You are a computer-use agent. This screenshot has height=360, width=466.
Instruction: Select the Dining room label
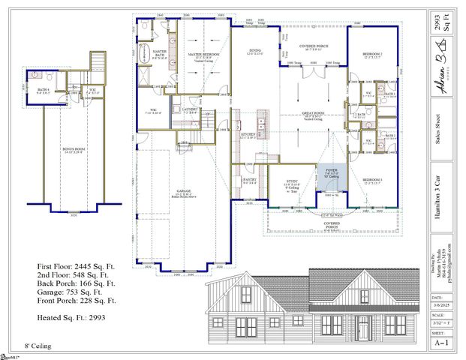coord(254,52)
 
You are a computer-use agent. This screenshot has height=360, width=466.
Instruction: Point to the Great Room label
coord(312,115)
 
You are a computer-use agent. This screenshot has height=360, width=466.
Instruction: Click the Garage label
coord(183,193)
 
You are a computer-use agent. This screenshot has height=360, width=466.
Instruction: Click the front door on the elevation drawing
coord(363,328)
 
